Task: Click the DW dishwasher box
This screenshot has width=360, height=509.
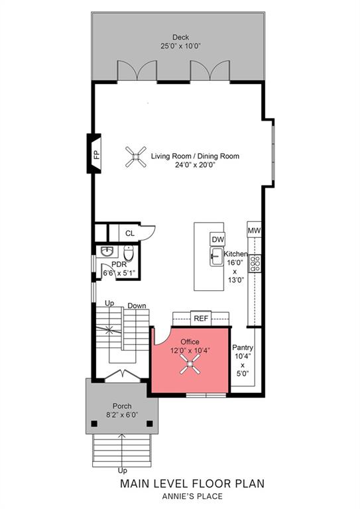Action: tap(217, 239)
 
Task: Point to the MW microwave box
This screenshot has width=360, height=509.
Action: tap(254, 230)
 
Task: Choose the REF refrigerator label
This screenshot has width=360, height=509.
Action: tap(201, 318)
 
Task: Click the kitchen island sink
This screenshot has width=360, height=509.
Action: tap(216, 256)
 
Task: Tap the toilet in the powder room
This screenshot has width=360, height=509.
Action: tap(129, 254)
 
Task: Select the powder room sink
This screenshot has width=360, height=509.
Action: tap(107, 252)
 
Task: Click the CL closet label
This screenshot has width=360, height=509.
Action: tap(130, 233)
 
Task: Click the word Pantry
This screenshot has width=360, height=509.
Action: tap(243, 347)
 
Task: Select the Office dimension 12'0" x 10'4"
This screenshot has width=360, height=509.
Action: tap(190, 350)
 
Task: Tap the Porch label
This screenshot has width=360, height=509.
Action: tap(121, 406)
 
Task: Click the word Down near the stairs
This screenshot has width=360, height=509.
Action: tap(137, 306)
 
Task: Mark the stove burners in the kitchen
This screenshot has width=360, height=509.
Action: tap(255, 260)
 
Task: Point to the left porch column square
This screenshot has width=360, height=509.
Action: tap(93, 424)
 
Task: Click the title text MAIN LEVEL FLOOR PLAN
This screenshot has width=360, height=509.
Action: tap(192, 484)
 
